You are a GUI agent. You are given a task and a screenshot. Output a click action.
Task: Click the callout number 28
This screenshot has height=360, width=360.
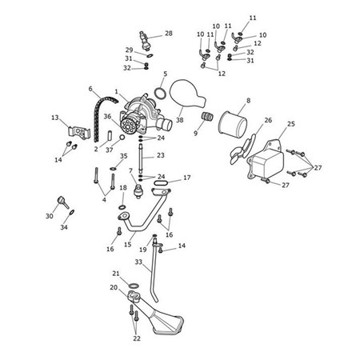[x=169, y=34]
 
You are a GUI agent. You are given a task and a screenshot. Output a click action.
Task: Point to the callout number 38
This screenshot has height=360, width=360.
[x=180, y=120]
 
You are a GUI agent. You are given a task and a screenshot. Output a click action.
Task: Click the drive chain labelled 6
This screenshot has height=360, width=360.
[x=102, y=104]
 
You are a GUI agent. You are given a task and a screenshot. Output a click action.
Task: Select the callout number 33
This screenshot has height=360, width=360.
[x=138, y=262]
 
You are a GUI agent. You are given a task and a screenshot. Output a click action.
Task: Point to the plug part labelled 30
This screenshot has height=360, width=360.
[x=60, y=200]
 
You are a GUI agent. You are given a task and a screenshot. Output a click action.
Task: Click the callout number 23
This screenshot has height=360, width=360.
[x=160, y=156]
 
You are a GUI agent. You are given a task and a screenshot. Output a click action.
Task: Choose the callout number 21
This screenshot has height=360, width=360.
[x=115, y=274]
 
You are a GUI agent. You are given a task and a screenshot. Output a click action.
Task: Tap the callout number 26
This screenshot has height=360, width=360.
[x=268, y=121]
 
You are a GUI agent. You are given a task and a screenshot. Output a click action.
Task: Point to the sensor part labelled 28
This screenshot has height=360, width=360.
[x=145, y=38]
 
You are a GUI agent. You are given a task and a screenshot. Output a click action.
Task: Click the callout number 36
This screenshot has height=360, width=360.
[x=107, y=116]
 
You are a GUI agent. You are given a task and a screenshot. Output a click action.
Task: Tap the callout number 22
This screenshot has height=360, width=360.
[x=136, y=338]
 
